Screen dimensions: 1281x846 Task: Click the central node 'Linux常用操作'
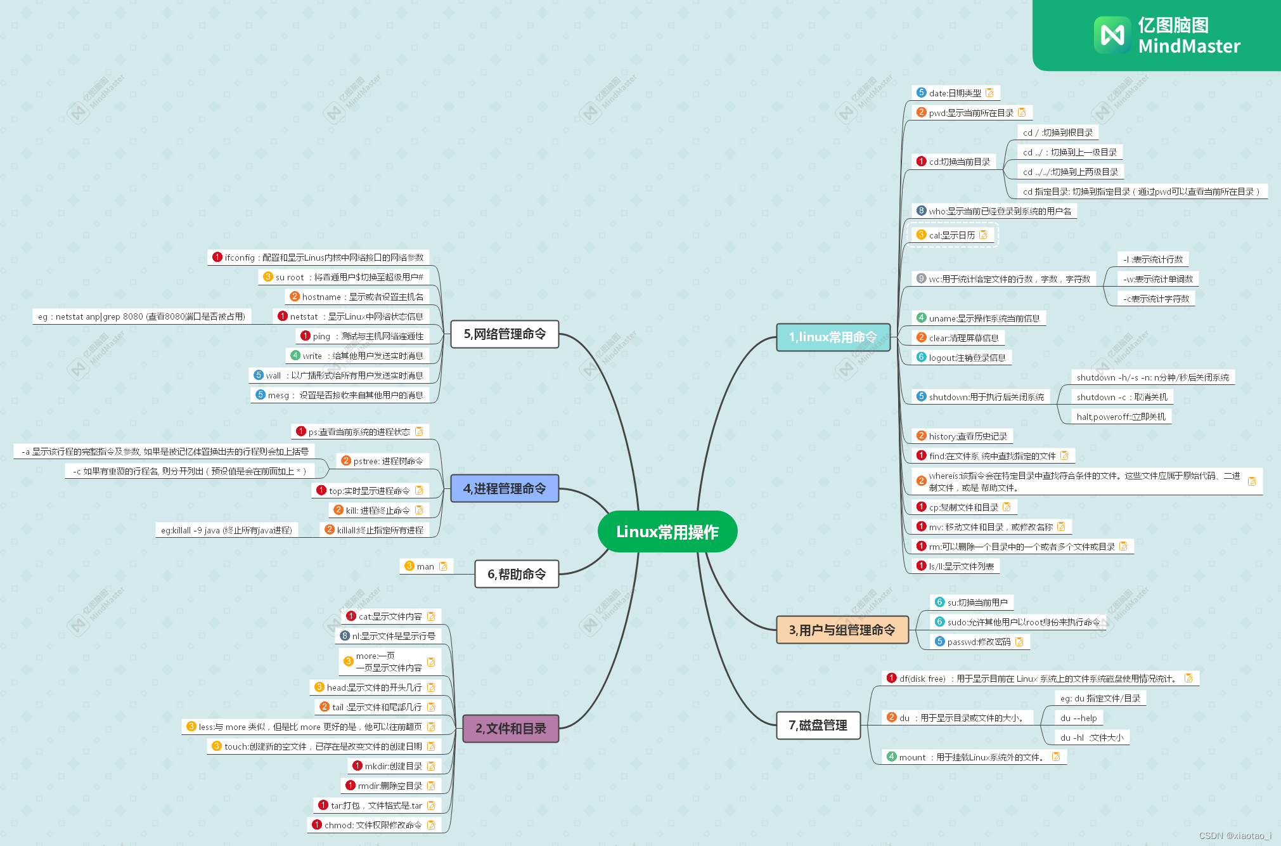tap(667, 531)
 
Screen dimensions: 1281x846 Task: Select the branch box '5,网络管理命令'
tap(505, 334)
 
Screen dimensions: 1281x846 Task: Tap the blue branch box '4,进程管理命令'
tap(505, 488)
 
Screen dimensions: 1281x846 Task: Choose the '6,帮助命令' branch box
tap(517, 574)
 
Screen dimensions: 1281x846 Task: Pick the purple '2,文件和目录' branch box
tap(511, 729)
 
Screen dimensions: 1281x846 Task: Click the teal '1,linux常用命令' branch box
tap(833, 337)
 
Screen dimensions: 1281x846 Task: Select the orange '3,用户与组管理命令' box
tap(842, 630)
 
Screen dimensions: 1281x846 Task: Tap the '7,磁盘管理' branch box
tap(818, 726)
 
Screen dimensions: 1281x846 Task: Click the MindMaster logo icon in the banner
tap(1112, 35)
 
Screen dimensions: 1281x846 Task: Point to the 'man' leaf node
tap(425, 566)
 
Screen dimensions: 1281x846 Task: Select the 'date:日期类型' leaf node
tap(955, 93)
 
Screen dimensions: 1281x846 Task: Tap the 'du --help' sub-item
tap(1078, 718)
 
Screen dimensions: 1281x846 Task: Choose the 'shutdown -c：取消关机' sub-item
tap(1121, 397)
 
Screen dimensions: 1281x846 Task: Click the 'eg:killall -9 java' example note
tap(226, 530)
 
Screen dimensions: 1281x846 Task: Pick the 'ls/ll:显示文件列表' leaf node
tap(961, 566)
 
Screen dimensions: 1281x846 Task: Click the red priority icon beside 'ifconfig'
tap(217, 257)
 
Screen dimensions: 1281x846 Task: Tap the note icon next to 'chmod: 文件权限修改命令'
tap(431, 825)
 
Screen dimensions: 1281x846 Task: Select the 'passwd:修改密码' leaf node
tap(979, 642)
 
